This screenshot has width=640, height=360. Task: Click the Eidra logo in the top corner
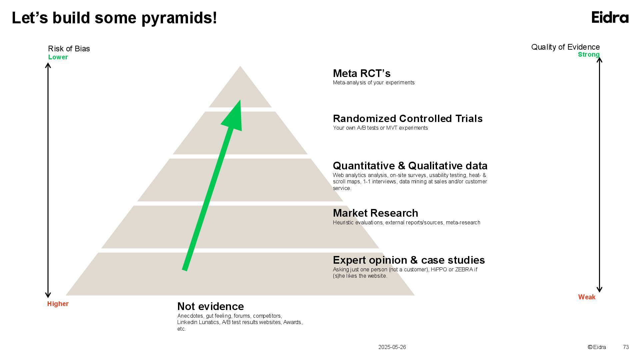tap(610, 17)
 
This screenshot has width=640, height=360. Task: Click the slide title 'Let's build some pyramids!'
tap(114, 18)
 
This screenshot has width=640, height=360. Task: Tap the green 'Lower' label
tap(58, 57)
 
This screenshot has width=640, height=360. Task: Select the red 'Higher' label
tap(58, 304)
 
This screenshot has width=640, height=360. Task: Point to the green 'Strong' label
tap(589, 55)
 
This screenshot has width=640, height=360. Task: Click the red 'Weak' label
tap(587, 297)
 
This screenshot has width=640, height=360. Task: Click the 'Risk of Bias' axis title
tap(69, 49)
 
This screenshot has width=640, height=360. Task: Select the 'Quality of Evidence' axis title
tap(565, 47)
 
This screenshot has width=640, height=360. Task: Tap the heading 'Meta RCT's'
tap(362, 73)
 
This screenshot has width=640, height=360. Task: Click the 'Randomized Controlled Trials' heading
tap(408, 119)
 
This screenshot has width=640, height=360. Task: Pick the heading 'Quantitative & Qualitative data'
tap(410, 166)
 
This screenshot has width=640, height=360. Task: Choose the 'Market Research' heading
tap(375, 213)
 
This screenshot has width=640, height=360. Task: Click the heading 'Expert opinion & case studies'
tap(409, 260)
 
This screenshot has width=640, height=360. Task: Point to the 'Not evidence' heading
tap(210, 306)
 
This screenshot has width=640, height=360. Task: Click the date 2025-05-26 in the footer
tap(392, 347)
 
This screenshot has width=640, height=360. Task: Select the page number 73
tap(626, 347)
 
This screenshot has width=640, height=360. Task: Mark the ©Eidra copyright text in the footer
tap(597, 347)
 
